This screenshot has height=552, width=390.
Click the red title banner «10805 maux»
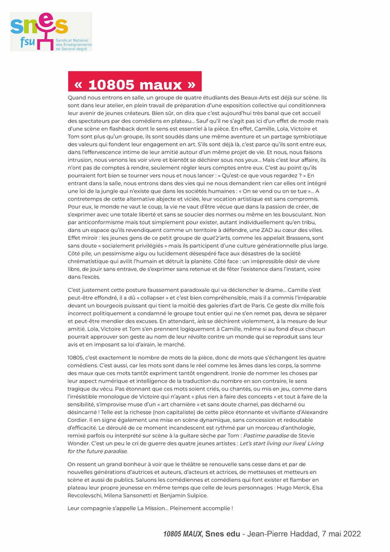click(x=135, y=82)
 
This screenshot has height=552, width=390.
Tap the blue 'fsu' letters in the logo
click(x=27, y=42)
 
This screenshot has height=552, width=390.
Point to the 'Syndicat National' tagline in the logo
click(x=72, y=41)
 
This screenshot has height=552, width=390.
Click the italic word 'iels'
click(x=202, y=321)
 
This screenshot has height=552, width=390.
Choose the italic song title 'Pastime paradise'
click(x=266, y=436)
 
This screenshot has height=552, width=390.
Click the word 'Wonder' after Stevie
click(x=78, y=444)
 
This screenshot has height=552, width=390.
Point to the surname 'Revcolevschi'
click(x=84, y=496)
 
